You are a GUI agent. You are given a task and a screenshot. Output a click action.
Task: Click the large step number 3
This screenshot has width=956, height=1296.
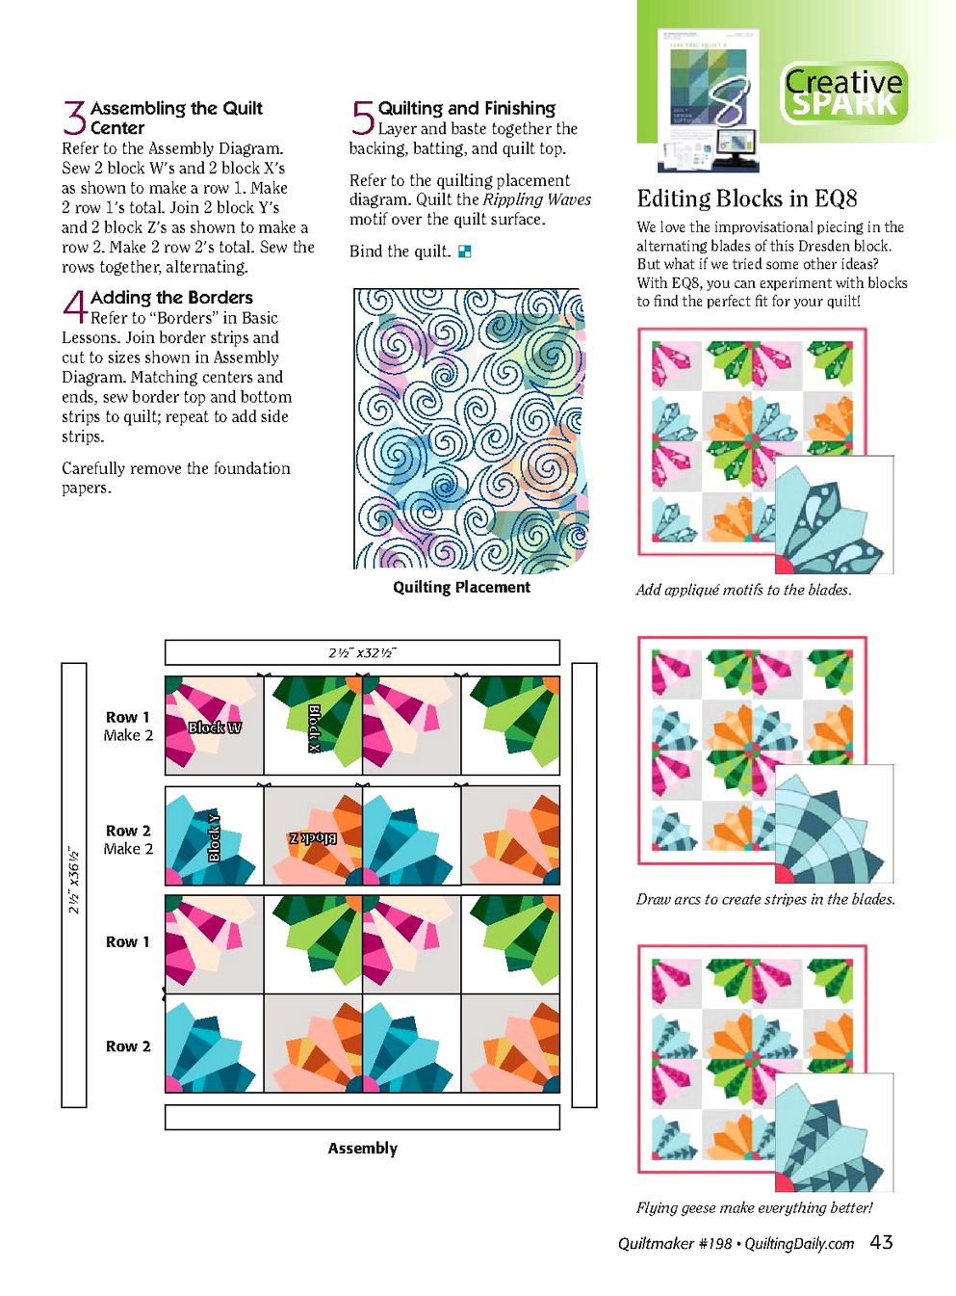click(74, 118)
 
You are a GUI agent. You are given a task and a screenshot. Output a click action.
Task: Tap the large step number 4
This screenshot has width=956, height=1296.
click(75, 307)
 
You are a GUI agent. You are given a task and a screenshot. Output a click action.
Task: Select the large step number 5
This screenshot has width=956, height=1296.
click(362, 118)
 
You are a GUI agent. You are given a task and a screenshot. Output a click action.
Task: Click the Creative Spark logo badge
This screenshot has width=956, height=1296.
click(844, 93)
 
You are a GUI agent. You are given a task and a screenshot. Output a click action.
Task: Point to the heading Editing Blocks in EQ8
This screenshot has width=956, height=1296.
click(747, 198)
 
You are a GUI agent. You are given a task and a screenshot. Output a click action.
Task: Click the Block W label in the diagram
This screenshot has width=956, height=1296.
click(215, 727)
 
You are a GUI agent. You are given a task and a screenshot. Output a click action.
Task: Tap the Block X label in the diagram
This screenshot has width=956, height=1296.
click(314, 728)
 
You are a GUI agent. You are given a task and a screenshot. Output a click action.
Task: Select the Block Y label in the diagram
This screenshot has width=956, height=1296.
click(215, 838)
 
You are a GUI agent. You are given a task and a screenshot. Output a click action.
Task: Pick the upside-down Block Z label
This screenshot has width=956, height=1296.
click(313, 838)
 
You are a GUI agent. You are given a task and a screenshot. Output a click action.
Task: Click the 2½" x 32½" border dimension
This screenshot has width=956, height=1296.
click(362, 652)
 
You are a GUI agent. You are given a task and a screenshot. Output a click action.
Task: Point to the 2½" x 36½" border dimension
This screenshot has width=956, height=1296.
click(74, 880)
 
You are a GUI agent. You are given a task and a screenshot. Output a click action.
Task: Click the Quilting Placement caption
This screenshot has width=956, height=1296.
click(461, 587)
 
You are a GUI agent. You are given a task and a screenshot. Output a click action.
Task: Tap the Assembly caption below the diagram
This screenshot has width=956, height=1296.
click(362, 1149)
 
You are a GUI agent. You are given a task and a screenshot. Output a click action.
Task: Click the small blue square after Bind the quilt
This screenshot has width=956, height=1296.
click(465, 251)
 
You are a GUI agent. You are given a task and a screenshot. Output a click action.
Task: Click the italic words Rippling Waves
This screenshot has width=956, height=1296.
click(536, 199)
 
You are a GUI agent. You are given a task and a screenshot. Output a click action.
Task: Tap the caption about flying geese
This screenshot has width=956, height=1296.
click(754, 1207)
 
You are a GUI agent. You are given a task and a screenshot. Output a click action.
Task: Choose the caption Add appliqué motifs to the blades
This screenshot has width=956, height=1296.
click(743, 590)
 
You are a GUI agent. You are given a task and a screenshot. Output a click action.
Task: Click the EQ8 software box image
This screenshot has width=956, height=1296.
click(709, 100)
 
